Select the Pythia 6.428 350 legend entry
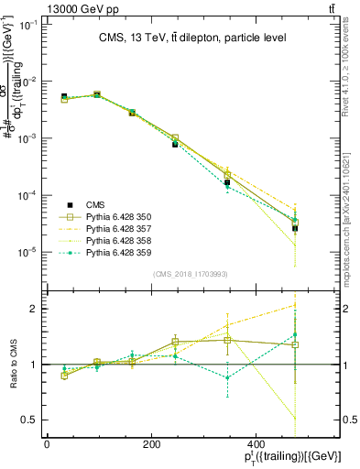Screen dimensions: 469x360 (118, 216)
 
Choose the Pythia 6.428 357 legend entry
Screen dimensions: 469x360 (118, 228)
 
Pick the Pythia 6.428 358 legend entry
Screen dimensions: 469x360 (118, 240)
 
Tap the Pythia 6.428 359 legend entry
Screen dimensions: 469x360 (118, 252)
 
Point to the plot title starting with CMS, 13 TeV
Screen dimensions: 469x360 (187, 38)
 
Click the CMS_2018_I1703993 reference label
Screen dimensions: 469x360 (191, 274)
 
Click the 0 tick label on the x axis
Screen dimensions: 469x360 (47, 444)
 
